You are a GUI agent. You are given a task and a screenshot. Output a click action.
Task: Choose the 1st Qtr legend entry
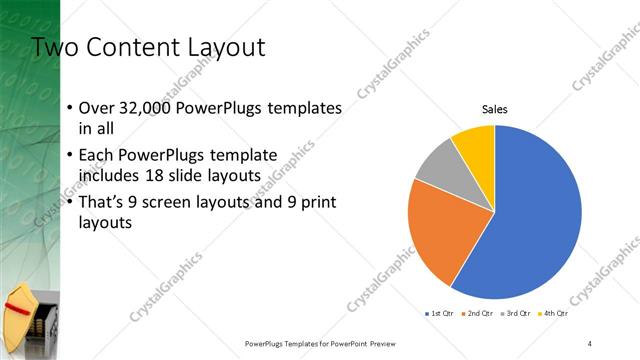pyautogui.click(x=441, y=314)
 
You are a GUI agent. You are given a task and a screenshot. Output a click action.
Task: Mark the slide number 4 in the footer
pyautogui.click(x=590, y=342)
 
